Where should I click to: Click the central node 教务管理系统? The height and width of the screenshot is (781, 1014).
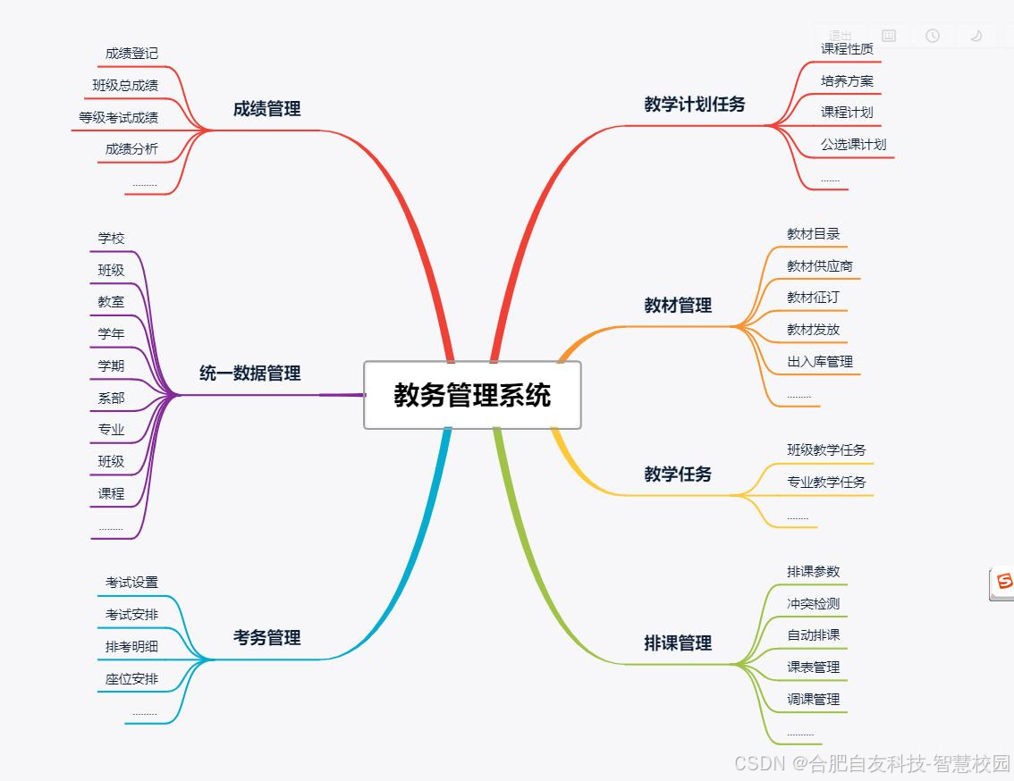pyautogui.click(x=472, y=395)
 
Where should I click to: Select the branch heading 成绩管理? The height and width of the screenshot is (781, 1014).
pyautogui.click(x=266, y=109)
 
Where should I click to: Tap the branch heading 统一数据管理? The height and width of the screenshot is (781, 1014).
pyautogui.click(x=249, y=374)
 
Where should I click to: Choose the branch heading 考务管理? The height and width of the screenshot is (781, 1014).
pyautogui.click(x=266, y=638)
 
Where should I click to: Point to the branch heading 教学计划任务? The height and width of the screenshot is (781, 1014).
pyautogui.click(x=694, y=105)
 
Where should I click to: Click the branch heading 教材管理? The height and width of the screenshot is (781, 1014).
pyautogui.click(x=678, y=306)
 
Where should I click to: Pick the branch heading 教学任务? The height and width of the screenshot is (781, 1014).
pyautogui.click(x=678, y=474)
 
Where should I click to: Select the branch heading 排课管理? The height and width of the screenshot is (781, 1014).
pyautogui.click(x=678, y=643)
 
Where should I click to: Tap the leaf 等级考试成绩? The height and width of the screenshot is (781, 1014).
pyautogui.click(x=118, y=118)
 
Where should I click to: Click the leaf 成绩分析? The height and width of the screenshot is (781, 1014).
pyautogui.click(x=131, y=149)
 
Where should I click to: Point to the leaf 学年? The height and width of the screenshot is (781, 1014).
pyautogui.click(x=111, y=334)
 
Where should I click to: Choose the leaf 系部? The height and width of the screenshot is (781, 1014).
pyautogui.click(x=111, y=398)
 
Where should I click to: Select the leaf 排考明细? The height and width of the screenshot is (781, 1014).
pyautogui.click(x=131, y=647)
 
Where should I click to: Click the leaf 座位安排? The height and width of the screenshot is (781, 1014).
pyautogui.click(x=131, y=679)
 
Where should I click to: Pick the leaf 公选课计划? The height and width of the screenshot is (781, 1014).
pyautogui.click(x=853, y=145)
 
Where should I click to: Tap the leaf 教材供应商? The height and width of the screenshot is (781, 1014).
pyautogui.click(x=819, y=266)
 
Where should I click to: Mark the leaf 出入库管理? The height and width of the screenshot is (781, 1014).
pyautogui.click(x=819, y=362)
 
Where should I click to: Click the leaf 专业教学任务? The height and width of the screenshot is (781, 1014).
pyautogui.click(x=826, y=483)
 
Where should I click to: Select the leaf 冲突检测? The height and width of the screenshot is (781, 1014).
pyautogui.click(x=813, y=604)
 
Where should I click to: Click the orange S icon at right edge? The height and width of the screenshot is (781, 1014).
pyautogui.click(x=1003, y=583)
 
